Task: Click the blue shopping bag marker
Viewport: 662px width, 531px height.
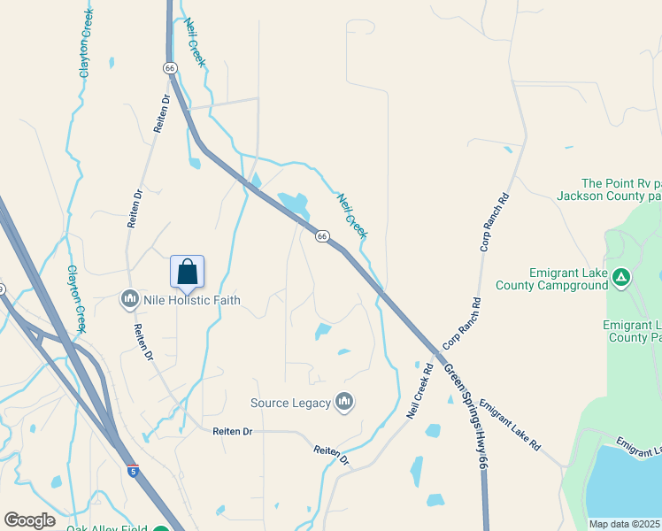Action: (187, 272)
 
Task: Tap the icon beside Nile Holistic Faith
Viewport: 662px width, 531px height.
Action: (130, 300)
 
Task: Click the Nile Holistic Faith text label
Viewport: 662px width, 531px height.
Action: (190, 300)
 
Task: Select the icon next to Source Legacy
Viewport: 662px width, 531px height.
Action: (344, 403)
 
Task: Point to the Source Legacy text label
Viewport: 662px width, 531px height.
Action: (289, 403)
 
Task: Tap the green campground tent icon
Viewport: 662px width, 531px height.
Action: (622, 279)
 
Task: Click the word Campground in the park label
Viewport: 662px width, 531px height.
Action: (570, 285)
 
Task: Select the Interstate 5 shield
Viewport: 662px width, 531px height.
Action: (133, 472)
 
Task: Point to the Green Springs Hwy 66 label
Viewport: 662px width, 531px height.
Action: (466, 415)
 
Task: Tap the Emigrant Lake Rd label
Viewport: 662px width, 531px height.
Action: (509, 426)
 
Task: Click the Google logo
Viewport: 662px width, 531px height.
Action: (30, 519)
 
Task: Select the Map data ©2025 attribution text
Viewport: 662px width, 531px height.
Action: (625, 524)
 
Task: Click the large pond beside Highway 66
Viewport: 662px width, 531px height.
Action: (294, 204)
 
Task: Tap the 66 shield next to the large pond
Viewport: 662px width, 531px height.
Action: (322, 236)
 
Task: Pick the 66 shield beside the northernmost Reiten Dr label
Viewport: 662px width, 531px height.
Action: (170, 68)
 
